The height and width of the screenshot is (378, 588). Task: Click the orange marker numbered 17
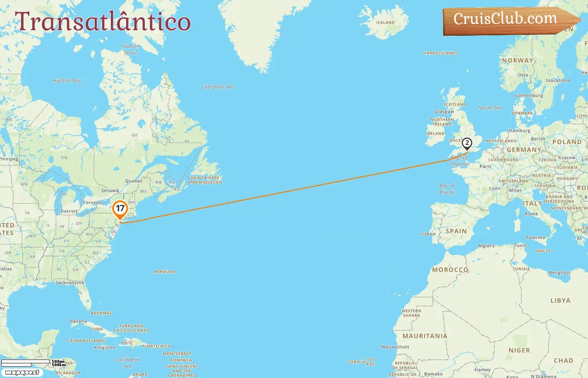tap(120, 208)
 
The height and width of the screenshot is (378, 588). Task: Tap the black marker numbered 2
tap(467, 143)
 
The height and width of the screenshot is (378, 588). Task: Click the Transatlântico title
tap(103, 21)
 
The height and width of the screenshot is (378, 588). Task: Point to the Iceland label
tap(385, 23)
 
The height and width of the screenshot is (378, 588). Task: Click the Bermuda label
tap(165, 272)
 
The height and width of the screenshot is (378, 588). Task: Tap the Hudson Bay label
tap(67, 80)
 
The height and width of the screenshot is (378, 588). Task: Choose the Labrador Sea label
tap(218, 87)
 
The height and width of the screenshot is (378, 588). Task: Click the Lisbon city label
tap(428, 234)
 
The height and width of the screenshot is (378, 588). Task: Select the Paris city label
tap(486, 166)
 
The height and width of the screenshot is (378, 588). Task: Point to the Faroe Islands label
tap(441, 53)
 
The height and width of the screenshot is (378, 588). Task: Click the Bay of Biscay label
tap(447, 189)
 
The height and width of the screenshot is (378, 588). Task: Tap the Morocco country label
tap(450, 270)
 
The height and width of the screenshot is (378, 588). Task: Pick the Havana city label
tap(78, 321)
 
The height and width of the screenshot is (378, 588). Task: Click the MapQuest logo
tap(22, 373)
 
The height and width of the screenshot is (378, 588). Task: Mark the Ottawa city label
tap(110, 191)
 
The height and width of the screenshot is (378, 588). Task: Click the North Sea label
tap(490, 108)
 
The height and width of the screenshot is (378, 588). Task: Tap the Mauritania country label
tap(425, 336)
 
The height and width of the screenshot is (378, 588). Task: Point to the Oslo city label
tap(523, 75)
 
